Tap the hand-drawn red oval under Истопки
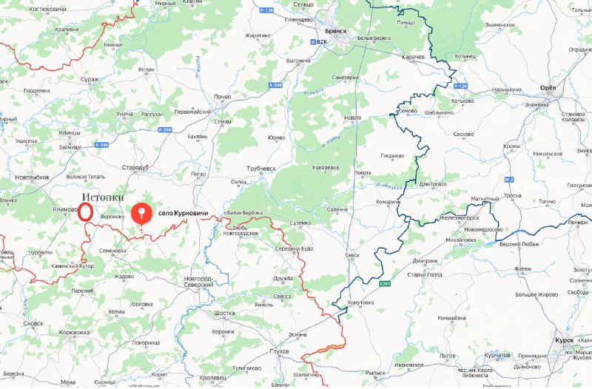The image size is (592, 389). pyautogui.click(x=86, y=212)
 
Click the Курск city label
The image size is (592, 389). pyautogui.click(x=562, y=340)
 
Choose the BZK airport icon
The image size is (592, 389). pyautogui.click(x=312, y=41)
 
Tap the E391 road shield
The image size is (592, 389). pyautogui.click(x=384, y=283)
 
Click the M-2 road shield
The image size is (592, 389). pyautogui.click(x=508, y=180)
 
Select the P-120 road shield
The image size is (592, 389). pyautogui.click(x=268, y=10)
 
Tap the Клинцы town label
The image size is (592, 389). pyautogui.click(x=70, y=132)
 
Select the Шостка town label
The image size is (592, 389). pyautogui.click(x=224, y=313)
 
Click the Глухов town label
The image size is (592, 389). pyautogui.click(x=280, y=351)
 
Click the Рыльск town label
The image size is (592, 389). pyautogui.click(x=376, y=372)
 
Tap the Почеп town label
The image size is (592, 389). pyautogui.click(x=222, y=97)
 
